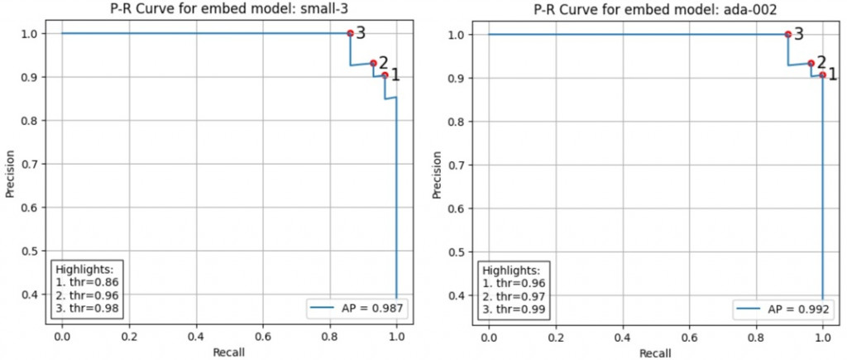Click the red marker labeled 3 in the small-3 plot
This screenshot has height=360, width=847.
[x=350, y=33]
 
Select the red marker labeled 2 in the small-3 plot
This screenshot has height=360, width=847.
[x=373, y=63]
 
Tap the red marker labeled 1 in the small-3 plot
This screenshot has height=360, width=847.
[x=385, y=75]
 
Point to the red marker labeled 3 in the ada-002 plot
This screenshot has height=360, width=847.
[x=787, y=34]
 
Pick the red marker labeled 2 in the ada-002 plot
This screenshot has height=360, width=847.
[x=811, y=63]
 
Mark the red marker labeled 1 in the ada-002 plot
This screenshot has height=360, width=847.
[x=822, y=75]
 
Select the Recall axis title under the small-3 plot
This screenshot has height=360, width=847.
[x=229, y=351]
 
